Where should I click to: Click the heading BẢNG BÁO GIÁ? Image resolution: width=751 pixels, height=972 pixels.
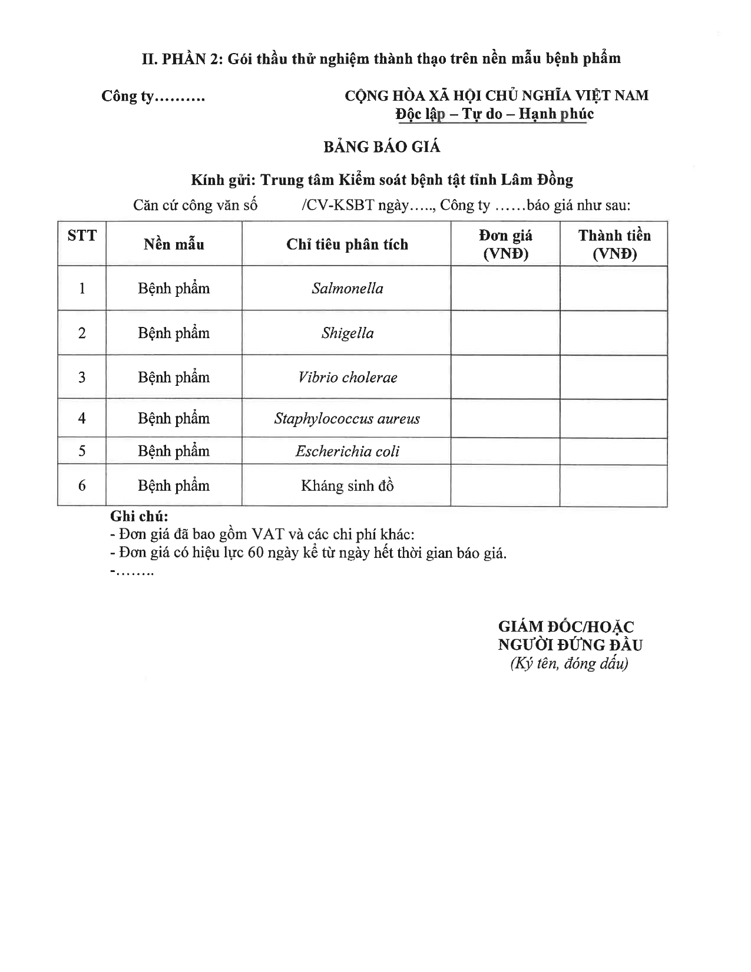pos(381,147)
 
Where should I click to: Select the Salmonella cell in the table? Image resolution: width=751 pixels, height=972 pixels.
pos(347,288)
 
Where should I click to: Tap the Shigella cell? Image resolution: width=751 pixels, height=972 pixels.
pos(347,333)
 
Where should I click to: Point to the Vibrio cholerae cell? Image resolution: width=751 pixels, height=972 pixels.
pos(347,377)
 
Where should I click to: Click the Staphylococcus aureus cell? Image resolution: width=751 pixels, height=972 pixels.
pos(347,418)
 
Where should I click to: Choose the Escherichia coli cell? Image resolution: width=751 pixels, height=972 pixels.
pos(347,451)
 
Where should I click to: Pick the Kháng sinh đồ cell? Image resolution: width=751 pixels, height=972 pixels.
pos(347,485)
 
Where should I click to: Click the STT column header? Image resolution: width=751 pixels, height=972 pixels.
pos(82,236)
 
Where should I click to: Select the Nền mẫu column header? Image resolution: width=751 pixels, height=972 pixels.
pos(174,244)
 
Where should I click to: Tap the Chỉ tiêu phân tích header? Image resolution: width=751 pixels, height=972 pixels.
pos(347,244)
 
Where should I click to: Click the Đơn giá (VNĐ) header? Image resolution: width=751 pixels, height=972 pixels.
pos(505,244)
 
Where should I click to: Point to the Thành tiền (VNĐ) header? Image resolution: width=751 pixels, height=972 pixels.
pos(614,244)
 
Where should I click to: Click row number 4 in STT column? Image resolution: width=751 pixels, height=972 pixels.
pos(82,418)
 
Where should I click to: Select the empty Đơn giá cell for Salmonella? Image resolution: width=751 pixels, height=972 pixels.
pos(505,288)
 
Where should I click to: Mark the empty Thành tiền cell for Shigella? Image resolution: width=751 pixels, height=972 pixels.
pos(614,333)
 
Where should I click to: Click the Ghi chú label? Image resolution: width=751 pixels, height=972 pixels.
pos(139,516)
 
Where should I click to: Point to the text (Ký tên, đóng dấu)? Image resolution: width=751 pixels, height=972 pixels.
pos(569,663)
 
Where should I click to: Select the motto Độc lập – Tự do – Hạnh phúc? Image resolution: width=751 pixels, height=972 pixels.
pos(494,114)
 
